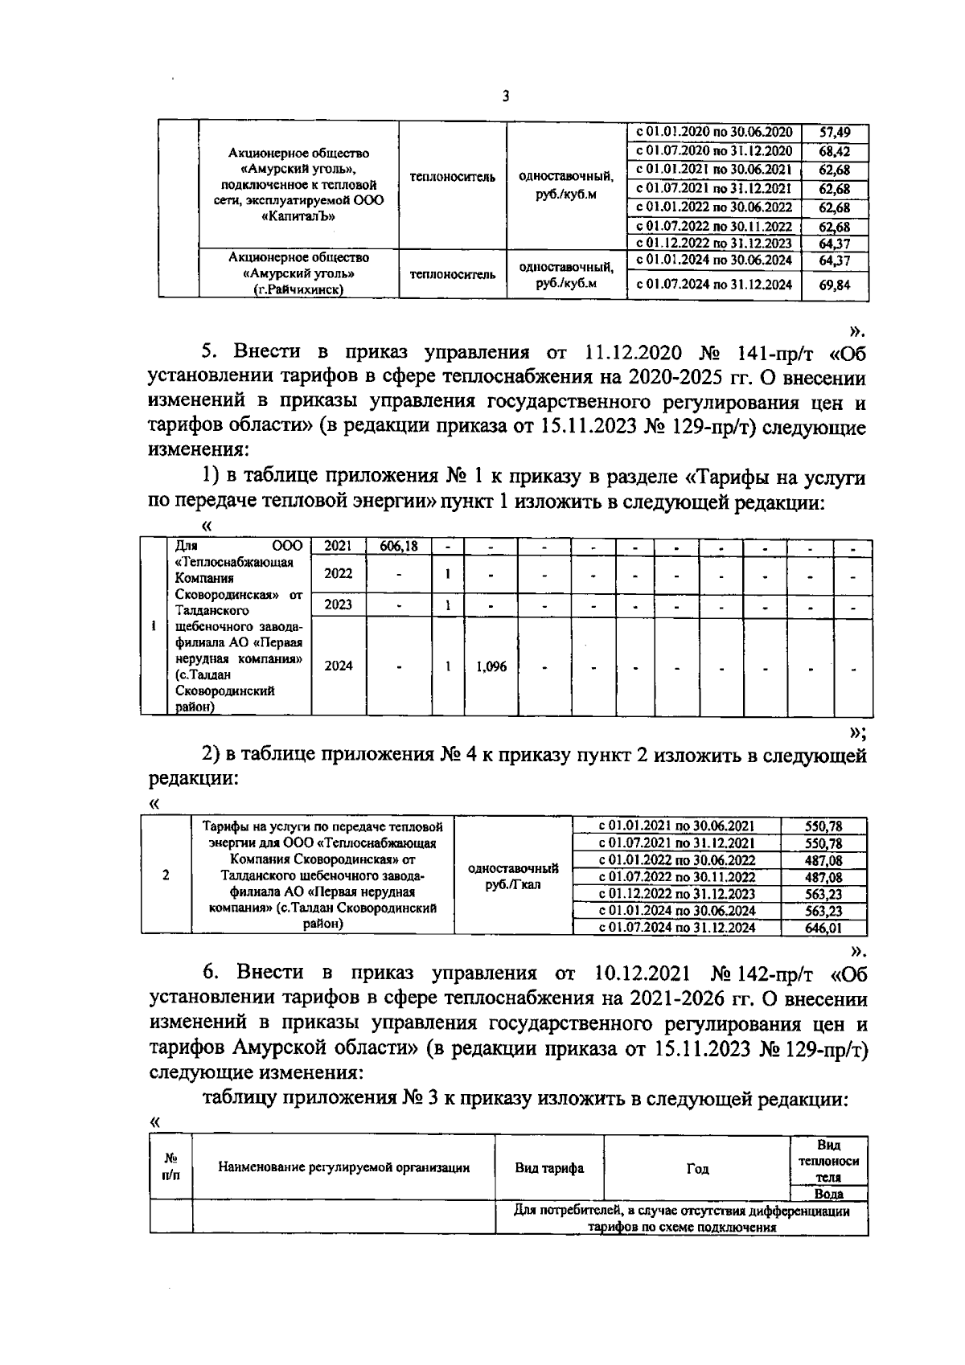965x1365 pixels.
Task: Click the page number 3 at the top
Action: coord(505,96)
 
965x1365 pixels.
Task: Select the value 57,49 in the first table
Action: coord(834,132)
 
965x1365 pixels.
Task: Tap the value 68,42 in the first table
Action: coord(834,151)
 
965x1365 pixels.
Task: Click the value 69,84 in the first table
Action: coord(834,284)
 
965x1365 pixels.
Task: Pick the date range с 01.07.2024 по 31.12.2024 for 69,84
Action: coord(713,284)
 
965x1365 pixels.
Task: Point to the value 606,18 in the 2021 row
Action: coord(398,547)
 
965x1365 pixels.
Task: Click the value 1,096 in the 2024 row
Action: coord(491,666)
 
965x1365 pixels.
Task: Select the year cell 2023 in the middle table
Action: coord(338,604)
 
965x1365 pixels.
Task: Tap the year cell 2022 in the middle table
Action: coord(338,573)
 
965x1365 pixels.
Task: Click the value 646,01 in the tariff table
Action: coord(823,928)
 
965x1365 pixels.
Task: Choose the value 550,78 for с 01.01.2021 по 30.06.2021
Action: coord(823,826)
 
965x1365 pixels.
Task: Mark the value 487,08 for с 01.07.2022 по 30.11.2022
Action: coord(823,877)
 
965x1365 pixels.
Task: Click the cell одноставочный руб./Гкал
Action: coord(512,876)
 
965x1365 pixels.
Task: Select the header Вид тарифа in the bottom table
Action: coord(549,1168)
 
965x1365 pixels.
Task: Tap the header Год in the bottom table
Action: coord(696,1168)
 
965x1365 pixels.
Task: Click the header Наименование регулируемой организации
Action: coord(343,1168)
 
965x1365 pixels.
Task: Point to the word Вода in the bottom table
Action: coord(827,1194)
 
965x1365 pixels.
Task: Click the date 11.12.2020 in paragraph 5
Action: coord(634,352)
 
